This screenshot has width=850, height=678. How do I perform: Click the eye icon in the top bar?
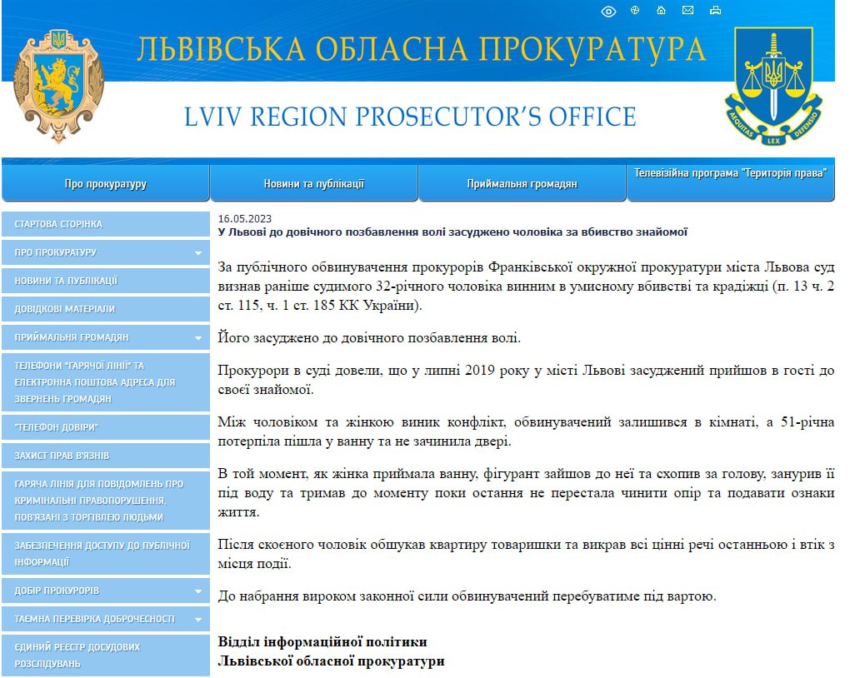coord(608,11)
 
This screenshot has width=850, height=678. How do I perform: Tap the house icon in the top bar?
coord(661,11)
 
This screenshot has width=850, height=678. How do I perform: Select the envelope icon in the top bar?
coord(687,11)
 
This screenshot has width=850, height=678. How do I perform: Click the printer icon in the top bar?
coord(714,11)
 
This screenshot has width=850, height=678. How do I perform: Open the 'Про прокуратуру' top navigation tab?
coord(106,184)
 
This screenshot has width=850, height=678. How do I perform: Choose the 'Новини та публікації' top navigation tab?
coord(314,184)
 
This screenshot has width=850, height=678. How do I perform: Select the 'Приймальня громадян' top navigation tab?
coord(522,184)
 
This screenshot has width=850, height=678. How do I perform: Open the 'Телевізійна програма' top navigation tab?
coord(731,173)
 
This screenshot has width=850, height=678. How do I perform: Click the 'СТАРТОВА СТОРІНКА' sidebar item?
coord(58,224)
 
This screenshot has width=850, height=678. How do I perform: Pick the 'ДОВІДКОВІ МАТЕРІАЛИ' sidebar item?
coord(65,309)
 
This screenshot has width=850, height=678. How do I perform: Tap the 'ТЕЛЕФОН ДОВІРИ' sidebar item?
coord(57,427)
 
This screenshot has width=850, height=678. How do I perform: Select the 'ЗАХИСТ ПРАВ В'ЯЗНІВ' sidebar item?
coord(62,456)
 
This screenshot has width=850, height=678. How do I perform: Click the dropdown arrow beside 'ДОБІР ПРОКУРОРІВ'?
coord(198,591)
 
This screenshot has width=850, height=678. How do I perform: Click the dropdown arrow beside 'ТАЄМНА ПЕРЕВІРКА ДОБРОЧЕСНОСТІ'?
coord(198,620)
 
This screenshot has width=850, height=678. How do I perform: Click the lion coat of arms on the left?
coord(59,86)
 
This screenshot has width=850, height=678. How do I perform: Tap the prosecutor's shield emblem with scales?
coord(772,83)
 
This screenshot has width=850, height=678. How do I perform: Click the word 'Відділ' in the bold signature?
coord(238,642)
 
